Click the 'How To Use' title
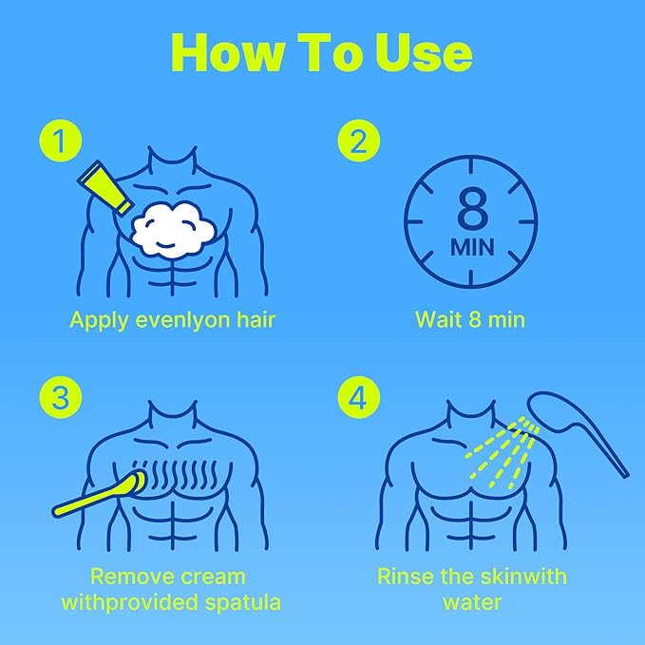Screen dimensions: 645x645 [x=322, y=52]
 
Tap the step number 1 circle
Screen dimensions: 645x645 [x=61, y=141]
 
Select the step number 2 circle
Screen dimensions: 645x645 [x=359, y=141]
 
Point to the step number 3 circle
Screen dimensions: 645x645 [x=61, y=397]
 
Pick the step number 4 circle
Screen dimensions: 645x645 [x=359, y=397]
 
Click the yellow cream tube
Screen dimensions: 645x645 [x=104, y=187]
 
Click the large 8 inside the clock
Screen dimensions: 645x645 [x=472, y=208]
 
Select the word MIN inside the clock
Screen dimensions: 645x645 [x=472, y=247]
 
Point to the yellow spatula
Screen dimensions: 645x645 [x=99, y=495]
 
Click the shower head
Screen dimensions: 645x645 [x=576, y=427]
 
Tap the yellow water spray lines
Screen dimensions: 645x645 [x=502, y=452]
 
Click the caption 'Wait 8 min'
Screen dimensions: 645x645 [x=470, y=319]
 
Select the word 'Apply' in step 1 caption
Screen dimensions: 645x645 [x=99, y=321]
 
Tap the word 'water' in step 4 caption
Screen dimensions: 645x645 [x=472, y=602]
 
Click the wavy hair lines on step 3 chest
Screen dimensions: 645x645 [x=181, y=473]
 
